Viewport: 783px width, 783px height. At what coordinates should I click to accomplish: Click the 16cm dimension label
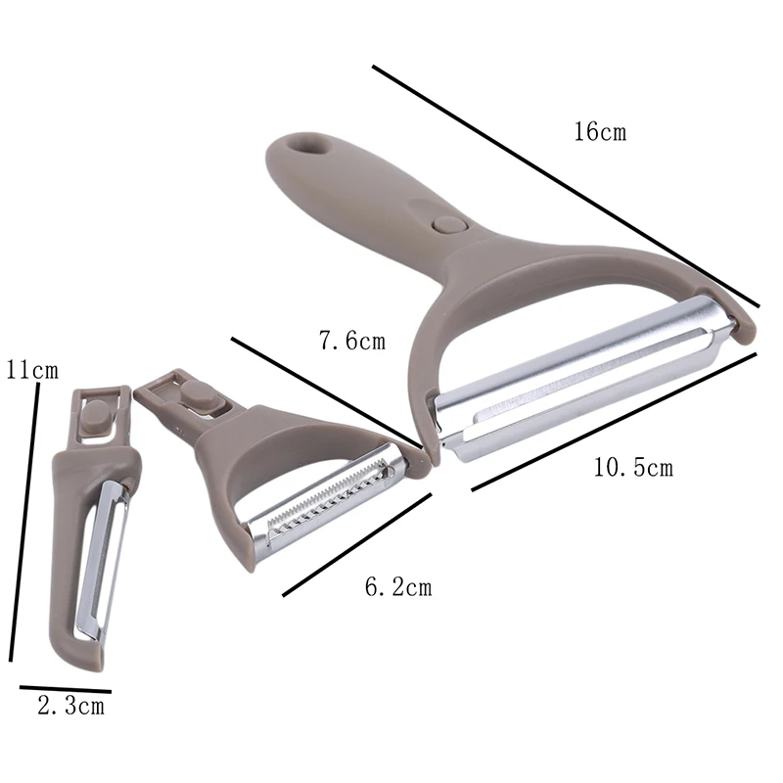coord(600,132)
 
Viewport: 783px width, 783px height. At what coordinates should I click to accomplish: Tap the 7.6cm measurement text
coord(352,342)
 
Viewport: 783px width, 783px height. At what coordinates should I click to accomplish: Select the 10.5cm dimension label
coord(633,468)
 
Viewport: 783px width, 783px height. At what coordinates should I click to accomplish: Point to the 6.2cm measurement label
coord(398,586)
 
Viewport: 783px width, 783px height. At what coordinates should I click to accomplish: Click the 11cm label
coord(32,371)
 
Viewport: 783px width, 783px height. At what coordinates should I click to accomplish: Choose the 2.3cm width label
coord(70,706)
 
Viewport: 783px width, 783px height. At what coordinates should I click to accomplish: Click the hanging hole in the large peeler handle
coord(309,146)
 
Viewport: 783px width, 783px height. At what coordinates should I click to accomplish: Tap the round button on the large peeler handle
coord(447,225)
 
